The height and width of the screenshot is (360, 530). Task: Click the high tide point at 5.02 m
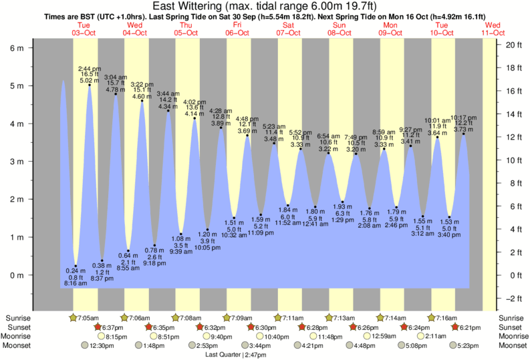90,85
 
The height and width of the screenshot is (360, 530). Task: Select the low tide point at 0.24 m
76,266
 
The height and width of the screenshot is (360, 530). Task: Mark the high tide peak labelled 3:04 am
116,94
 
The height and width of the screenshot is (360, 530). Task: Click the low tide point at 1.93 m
342,202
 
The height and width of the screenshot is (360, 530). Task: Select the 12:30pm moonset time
98,345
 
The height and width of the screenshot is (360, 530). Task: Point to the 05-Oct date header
186,31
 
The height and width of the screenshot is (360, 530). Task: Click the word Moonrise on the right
511,336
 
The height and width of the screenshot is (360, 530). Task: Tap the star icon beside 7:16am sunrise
432,317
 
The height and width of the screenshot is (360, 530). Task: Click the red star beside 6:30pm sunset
251,327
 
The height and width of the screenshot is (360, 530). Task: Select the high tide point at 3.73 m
463,134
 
